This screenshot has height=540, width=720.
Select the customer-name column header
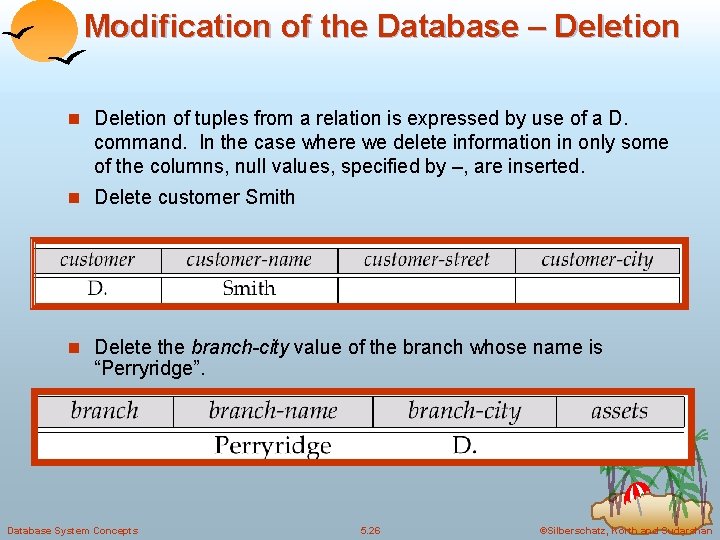(x=249, y=260)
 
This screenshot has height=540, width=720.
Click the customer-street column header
(x=426, y=260)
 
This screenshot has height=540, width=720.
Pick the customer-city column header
(x=597, y=260)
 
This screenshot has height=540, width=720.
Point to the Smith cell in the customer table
(x=249, y=289)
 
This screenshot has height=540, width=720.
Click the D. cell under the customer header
(x=97, y=289)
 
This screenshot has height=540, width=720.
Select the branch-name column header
(x=273, y=411)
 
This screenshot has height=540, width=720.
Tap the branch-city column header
(x=464, y=411)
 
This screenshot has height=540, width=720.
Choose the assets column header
(x=619, y=411)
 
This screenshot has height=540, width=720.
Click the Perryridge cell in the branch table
(x=273, y=445)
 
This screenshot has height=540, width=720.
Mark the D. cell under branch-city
(x=464, y=445)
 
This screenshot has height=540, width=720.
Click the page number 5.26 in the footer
(x=371, y=530)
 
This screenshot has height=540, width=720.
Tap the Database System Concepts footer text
(x=72, y=530)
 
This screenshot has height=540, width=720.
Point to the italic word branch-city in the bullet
(x=240, y=348)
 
